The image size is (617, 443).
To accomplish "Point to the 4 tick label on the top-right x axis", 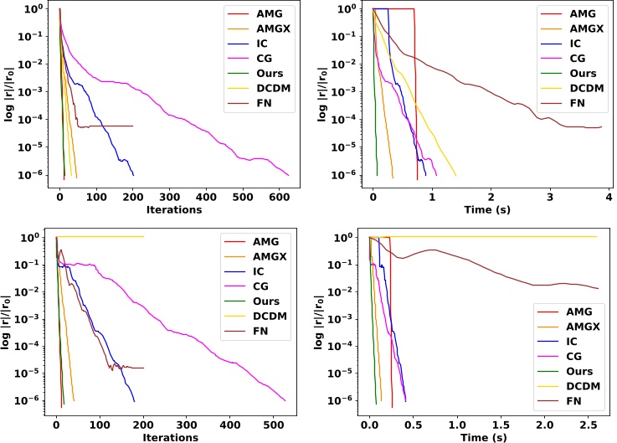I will coord(609,197).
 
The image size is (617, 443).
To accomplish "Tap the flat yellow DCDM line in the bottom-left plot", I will coord(100,237).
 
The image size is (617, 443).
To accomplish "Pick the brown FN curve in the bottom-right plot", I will coord(502,266).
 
